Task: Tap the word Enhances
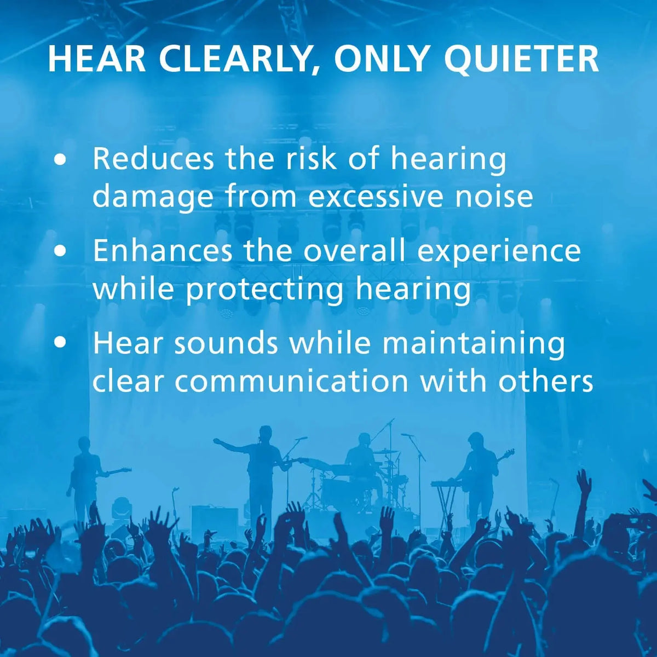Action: [163, 251]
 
